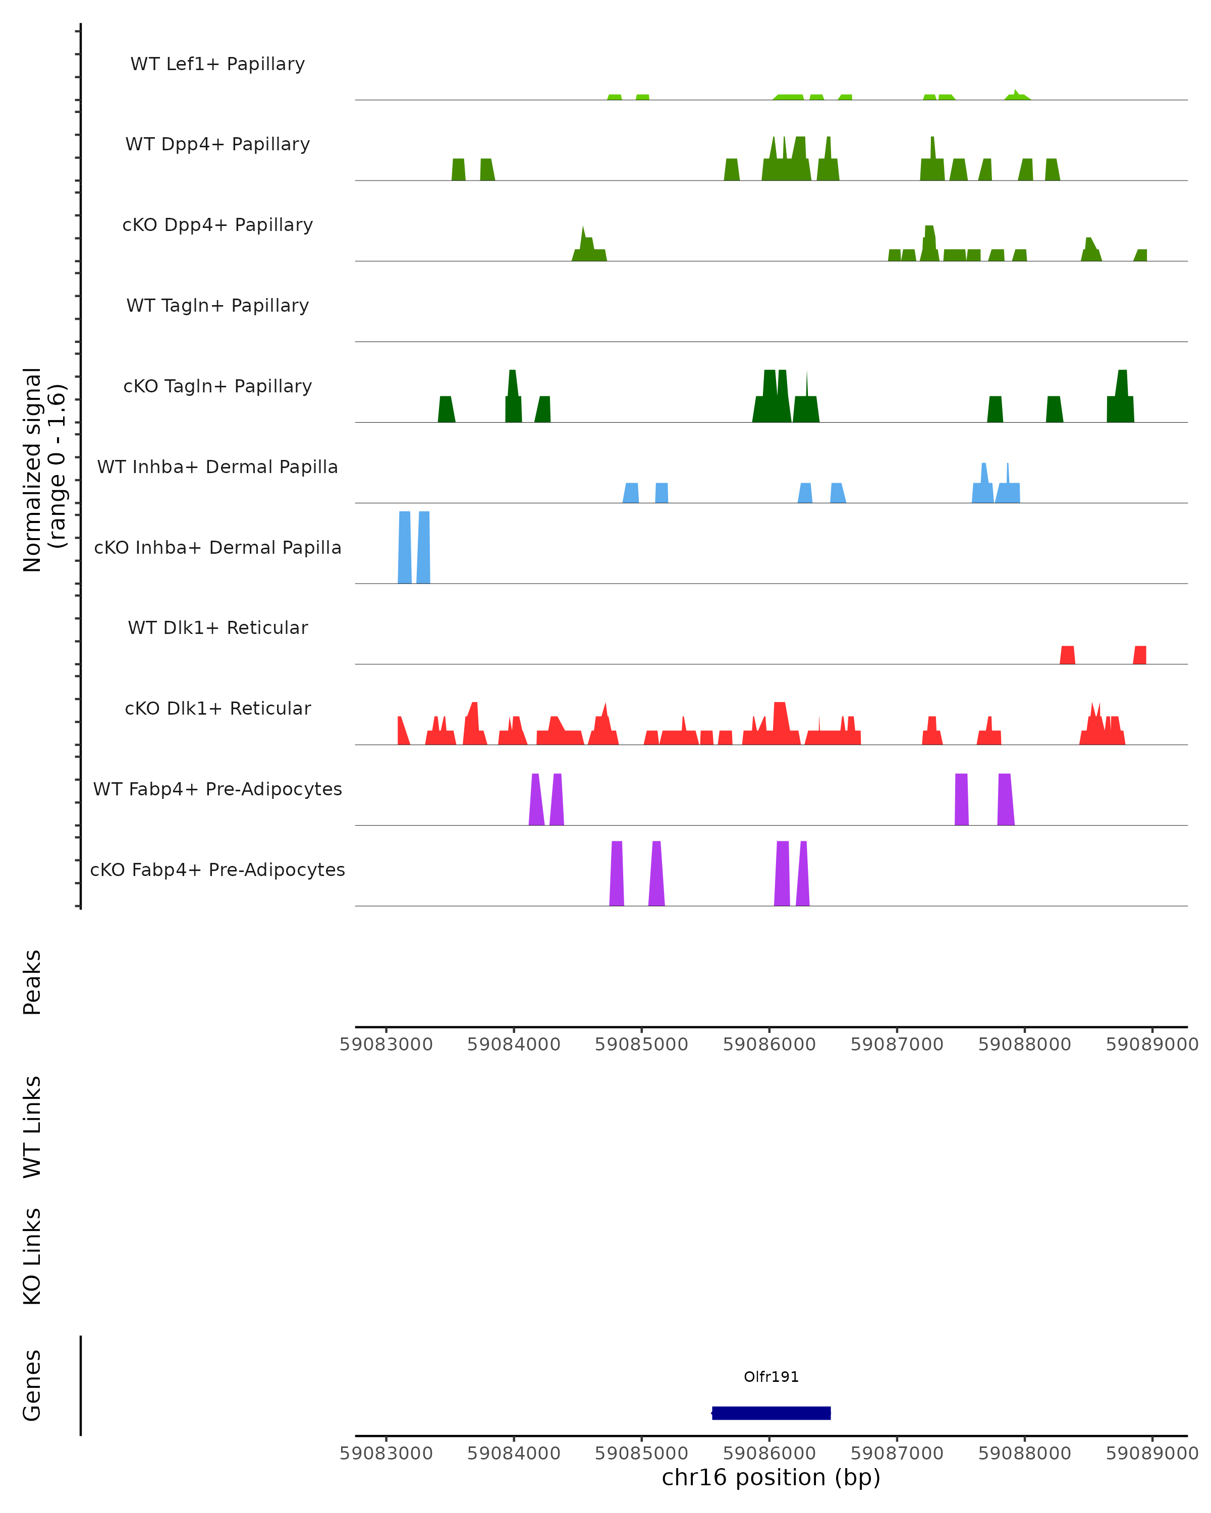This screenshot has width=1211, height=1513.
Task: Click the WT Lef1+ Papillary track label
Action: pyautogui.click(x=217, y=64)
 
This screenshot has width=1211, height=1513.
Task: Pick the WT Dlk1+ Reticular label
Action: pyautogui.click(x=217, y=627)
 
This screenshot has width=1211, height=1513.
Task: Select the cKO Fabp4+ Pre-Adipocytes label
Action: pyautogui.click(x=217, y=869)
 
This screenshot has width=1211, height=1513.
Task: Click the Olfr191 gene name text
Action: pyautogui.click(x=771, y=1377)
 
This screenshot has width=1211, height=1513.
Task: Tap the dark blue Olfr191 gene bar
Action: pyautogui.click(x=771, y=1413)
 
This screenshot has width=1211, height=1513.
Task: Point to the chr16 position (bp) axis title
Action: pyautogui.click(x=771, y=1478)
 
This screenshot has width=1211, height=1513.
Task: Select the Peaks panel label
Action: pyautogui.click(x=32, y=982)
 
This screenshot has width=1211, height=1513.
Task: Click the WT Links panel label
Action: pyautogui.click(x=32, y=1126)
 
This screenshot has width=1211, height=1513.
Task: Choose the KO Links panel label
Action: pyautogui.click(x=32, y=1256)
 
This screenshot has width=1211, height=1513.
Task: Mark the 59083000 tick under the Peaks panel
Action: pyautogui.click(x=386, y=1044)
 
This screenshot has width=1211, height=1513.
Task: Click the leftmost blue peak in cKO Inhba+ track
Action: pyautogui.click(x=404, y=547)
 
